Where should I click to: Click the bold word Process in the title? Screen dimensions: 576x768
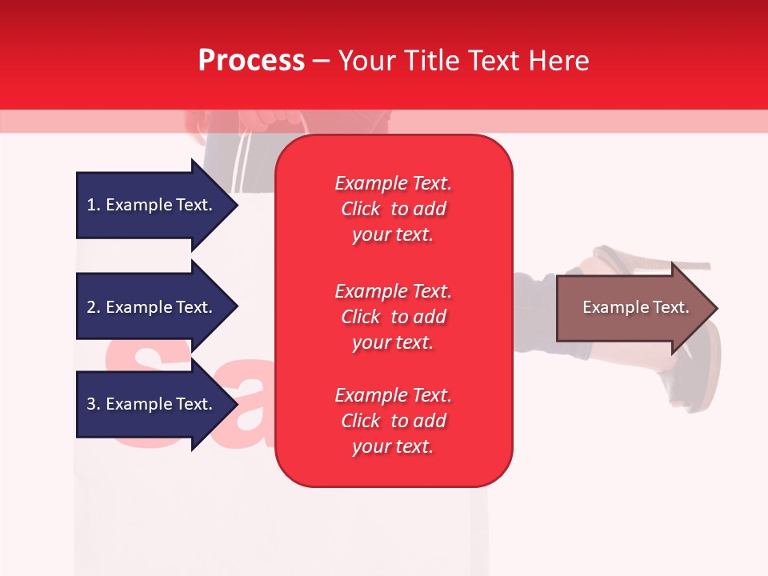tap(251, 61)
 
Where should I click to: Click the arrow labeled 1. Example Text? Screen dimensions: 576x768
tap(152, 205)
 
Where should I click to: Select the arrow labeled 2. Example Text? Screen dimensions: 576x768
tap(152, 307)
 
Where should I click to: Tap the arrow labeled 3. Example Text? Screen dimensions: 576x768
tap(152, 404)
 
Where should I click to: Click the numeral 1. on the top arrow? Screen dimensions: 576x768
tap(93, 205)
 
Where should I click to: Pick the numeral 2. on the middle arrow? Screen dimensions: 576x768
tap(93, 307)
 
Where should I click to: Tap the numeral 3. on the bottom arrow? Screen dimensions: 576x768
tap(93, 404)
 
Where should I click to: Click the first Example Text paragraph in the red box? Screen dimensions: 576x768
tap(393, 209)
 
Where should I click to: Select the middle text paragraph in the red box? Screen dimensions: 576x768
tap(393, 316)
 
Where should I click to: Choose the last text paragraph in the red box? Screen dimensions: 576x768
tap(393, 421)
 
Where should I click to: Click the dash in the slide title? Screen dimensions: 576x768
tap(322, 61)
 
